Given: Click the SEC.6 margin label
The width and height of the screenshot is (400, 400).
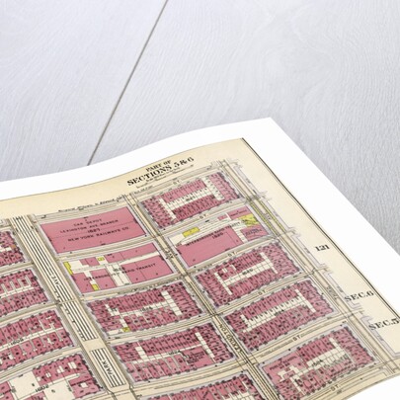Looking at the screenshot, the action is tap(355, 295).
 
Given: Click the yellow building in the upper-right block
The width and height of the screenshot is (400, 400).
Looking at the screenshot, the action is tap(251, 220).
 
